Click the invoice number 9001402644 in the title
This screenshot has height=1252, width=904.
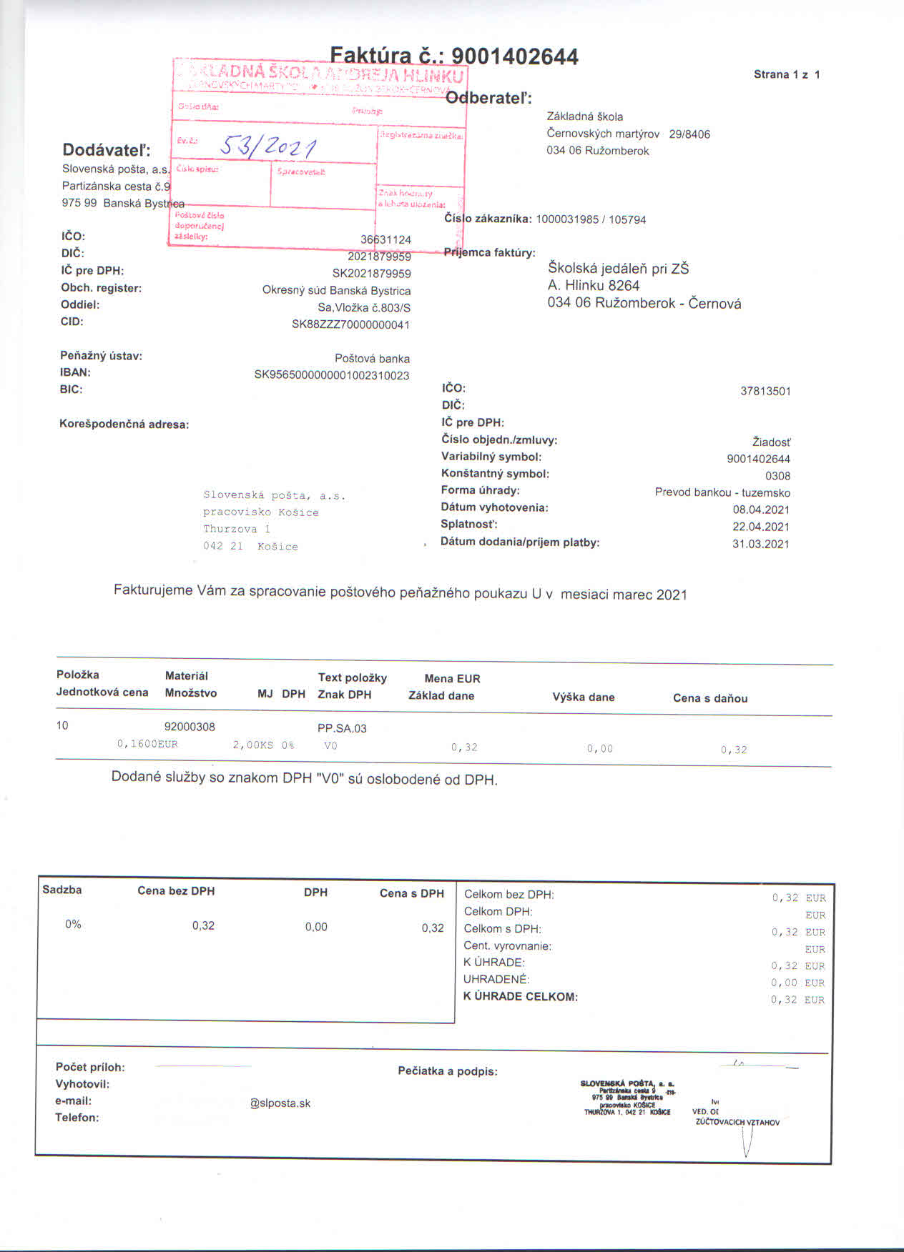click(515, 56)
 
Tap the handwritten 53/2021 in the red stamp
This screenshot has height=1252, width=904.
click(267, 146)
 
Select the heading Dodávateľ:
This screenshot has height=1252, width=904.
click(107, 150)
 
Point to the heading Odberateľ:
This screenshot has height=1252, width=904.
click(488, 98)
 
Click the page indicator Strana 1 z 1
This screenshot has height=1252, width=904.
click(787, 74)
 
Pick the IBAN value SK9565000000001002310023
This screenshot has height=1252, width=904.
click(332, 375)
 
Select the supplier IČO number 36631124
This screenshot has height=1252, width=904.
click(385, 239)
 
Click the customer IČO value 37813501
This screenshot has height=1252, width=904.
click(765, 391)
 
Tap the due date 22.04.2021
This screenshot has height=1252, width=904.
click(761, 527)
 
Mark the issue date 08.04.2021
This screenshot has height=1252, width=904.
click(761, 510)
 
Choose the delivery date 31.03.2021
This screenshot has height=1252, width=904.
click(761, 544)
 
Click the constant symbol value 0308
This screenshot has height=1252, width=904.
click(777, 476)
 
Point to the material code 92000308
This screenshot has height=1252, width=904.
click(190, 727)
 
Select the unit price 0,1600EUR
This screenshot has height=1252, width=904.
click(147, 744)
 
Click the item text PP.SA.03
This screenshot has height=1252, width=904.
click(342, 728)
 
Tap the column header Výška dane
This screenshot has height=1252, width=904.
click(583, 697)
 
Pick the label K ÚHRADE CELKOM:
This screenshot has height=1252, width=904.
click(520, 997)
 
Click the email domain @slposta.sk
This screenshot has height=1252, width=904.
click(280, 1103)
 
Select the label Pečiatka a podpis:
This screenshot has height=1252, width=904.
click(448, 1071)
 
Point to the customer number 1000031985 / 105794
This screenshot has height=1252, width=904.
click(591, 219)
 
